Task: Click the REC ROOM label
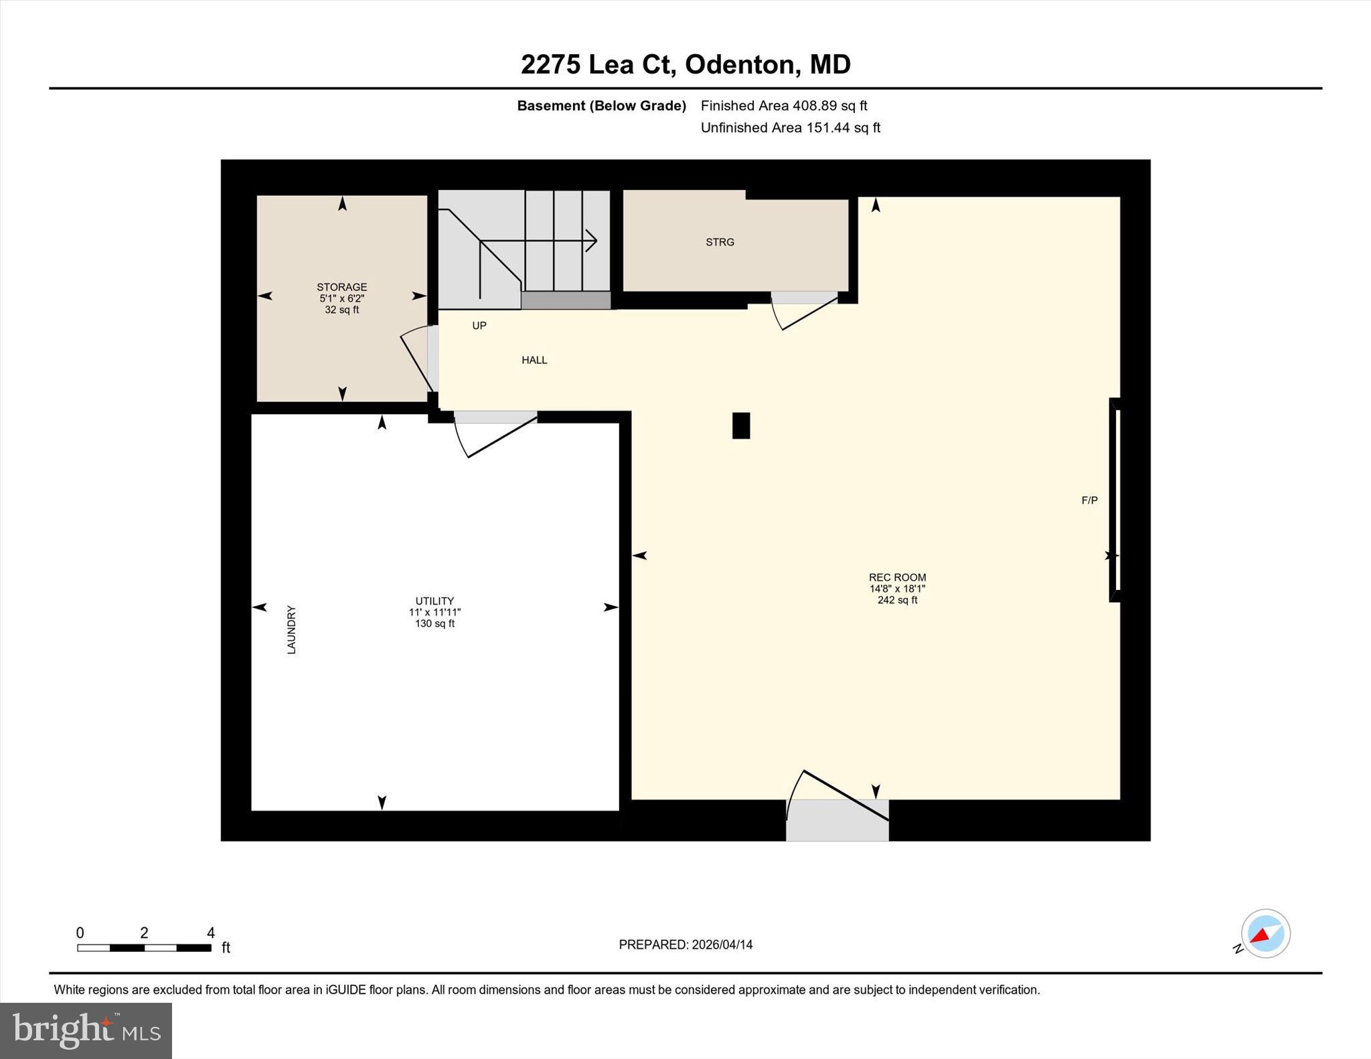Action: click(x=897, y=577)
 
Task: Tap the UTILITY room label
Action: click(x=434, y=601)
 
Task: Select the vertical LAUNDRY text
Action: click(x=291, y=630)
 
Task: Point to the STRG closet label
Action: click(x=720, y=242)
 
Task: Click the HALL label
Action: click(x=534, y=360)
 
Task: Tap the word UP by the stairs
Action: click(x=479, y=326)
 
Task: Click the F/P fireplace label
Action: click(x=1089, y=500)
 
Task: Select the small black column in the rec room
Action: click(x=740, y=425)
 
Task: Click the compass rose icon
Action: click(x=1265, y=933)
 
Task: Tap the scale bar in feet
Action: click(x=144, y=947)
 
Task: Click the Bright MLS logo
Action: click(x=86, y=1030)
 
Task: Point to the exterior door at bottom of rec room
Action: click(x=837, y=820)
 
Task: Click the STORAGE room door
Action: click(x=418, y=361)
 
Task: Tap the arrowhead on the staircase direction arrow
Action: click(x=591, y=240)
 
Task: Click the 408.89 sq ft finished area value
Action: click(x=829, y=106)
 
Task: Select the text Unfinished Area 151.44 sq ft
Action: click(x=790, y=128)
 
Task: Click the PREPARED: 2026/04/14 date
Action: click(x=685, y=945)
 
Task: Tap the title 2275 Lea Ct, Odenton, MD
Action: click(x=685, y=65)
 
